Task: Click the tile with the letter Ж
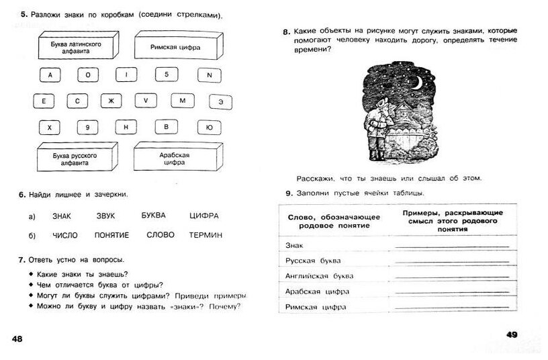click(x=111, y=101)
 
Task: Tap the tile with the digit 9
click(x=87, y=127)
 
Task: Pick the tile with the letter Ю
click(x=210, y=127)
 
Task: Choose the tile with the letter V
click(x=145, y=101)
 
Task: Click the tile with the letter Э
click(x=220, y=101)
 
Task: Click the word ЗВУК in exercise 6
click(x=106, y=216)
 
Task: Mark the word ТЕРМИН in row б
click(x=206, y=235)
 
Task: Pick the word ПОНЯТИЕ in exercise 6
click(x=112, y=235)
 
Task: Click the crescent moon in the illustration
click(x=416, y=83)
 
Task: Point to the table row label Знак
click(x=295, y=244)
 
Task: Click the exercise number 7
click(x=22, y=259)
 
